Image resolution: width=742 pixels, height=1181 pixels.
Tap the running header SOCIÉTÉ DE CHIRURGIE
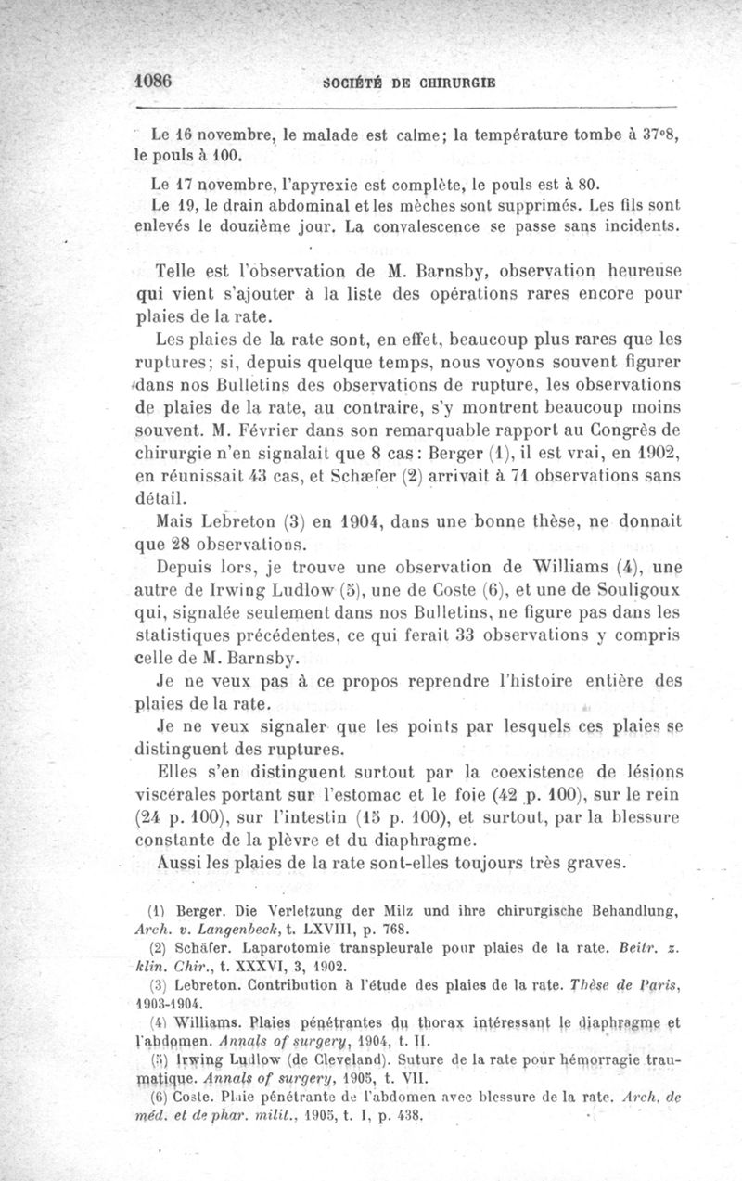[x=408, y=82]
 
